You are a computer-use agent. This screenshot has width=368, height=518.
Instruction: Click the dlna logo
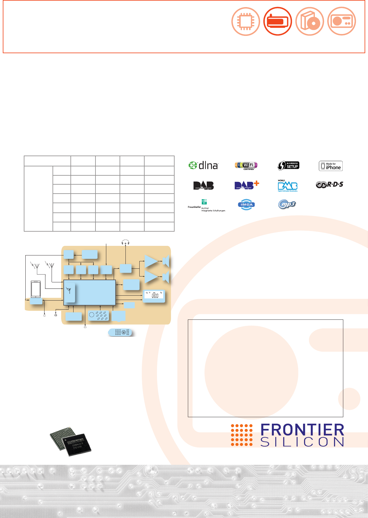pos(203,165)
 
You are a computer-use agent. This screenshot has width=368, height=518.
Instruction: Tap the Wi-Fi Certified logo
pos(246,165)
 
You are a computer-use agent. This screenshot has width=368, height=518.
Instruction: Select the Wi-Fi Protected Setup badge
pos(288,165)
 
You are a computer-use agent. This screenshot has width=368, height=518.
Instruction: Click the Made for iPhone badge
pos(331,166)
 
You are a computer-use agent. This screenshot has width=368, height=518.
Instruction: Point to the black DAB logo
pos(203,185)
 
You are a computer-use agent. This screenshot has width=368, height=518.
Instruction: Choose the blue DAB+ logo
pos(246,185)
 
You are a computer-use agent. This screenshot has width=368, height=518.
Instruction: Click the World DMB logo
pos(287,186)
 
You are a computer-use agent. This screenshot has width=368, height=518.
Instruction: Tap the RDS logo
pos(329,185)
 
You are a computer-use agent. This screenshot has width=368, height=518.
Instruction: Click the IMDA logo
pos(246,204)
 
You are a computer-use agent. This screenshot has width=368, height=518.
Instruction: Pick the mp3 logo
pos(287,204)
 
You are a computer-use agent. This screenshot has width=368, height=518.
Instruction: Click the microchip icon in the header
pos(246,21)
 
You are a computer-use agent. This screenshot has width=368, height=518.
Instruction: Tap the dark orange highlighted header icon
pos(277,21)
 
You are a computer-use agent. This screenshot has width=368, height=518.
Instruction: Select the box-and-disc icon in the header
pos(310,21)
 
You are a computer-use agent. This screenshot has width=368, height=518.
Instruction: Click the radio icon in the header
pos(341,21)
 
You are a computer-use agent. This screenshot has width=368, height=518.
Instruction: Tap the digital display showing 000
pos(154,296)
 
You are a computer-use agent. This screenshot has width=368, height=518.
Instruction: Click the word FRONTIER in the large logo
pos(302,430)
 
